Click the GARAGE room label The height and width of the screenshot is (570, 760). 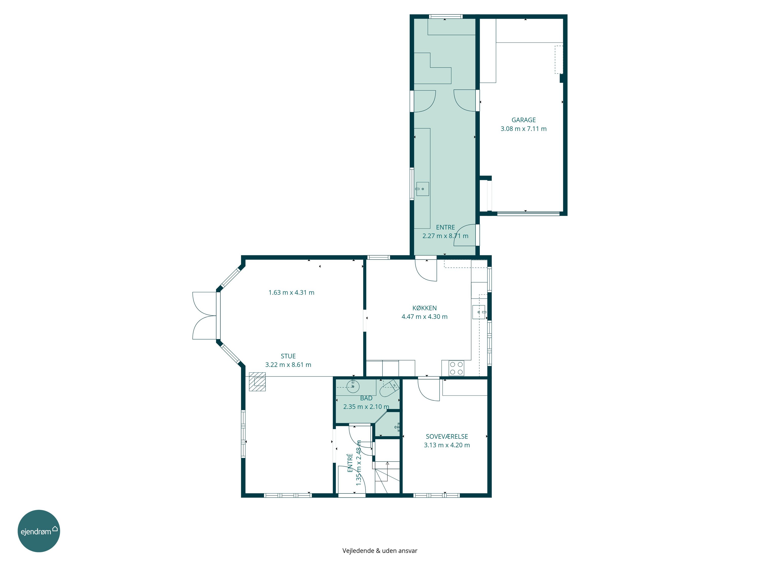(523, 120)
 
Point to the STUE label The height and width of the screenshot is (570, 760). (288, 356)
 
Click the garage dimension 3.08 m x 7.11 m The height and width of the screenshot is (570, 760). (523, 129)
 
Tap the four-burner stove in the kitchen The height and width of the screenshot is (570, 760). (456, 368)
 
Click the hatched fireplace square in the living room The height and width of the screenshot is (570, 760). (257, 382)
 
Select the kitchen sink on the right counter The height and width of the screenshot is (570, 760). (479, 312)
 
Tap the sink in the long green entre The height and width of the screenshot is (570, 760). (423, 189)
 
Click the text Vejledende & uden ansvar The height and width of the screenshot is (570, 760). (380, 550)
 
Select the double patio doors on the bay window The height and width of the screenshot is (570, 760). (205, 316)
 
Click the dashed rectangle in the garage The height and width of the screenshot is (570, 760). (559, 60)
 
